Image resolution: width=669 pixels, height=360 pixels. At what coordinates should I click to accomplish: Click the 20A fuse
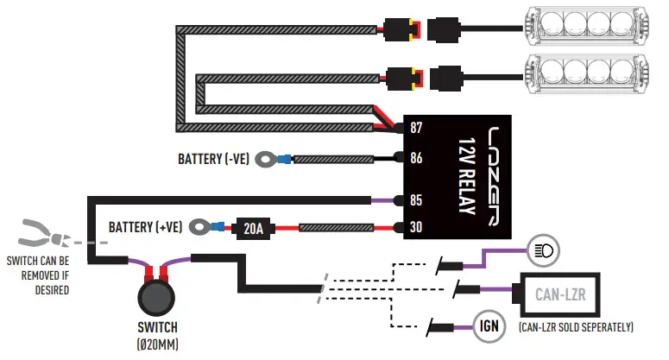pos(253,229)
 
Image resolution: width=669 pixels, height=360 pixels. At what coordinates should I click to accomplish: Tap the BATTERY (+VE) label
pos(145,227)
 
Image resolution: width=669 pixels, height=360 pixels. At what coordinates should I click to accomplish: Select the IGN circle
pos(489,325)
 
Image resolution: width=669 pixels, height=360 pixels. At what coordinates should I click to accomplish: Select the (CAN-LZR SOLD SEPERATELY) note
pos(576,327)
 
